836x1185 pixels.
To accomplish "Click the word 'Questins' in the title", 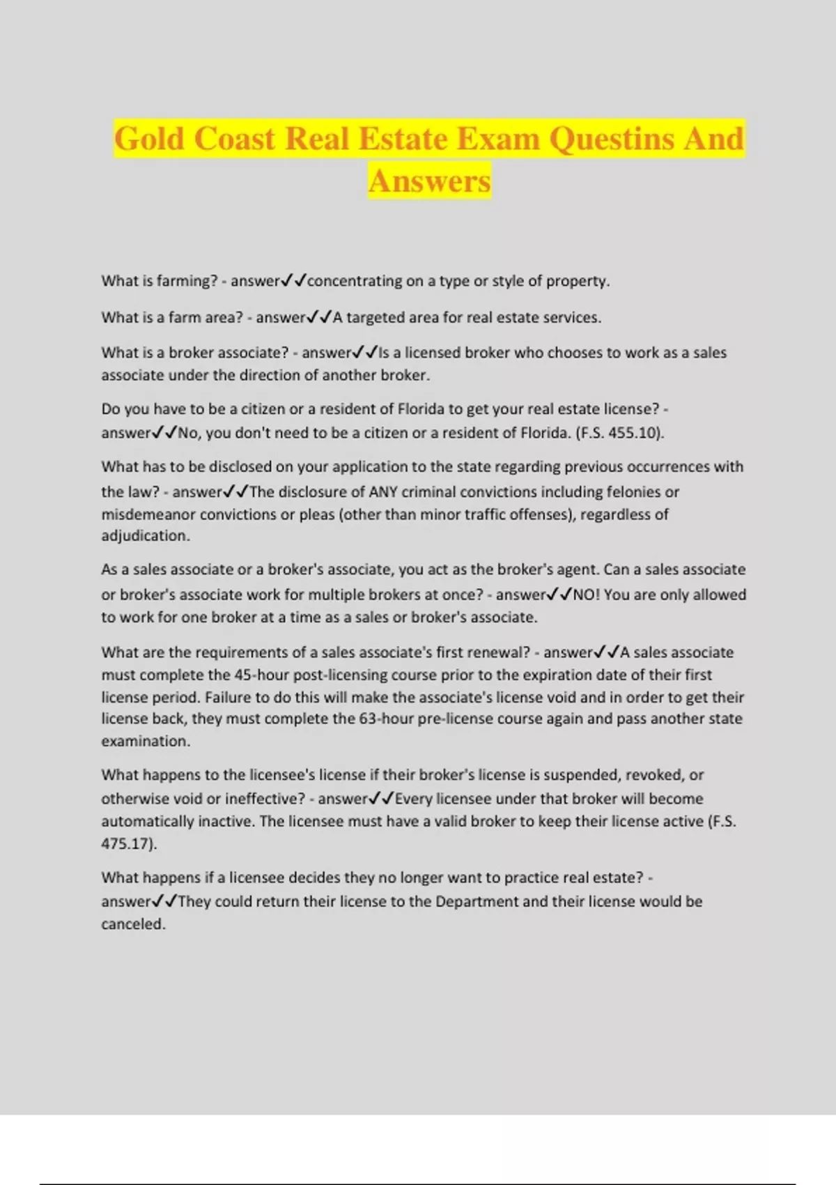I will point(612,138).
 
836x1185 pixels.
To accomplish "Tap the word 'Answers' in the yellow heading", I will point(430,181).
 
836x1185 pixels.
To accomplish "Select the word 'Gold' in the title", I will point(148,138).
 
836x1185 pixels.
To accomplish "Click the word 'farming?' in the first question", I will point(187,281).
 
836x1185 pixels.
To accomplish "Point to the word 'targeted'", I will point(376,318).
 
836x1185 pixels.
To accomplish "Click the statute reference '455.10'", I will point(633,433).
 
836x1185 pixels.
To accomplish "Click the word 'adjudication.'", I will point(146,536).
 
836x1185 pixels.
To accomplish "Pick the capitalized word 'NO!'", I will point(586,595).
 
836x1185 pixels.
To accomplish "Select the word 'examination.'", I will point(146,741).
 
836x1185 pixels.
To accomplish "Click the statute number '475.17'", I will point(127,843).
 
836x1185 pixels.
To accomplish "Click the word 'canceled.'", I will point(134,924).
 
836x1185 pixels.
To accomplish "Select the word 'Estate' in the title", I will point(403,138).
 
